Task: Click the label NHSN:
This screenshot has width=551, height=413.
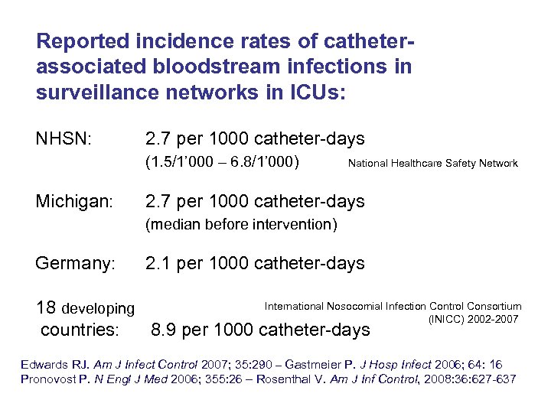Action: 64,139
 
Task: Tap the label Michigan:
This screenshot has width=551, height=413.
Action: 74,202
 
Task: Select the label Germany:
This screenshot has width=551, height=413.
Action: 75,264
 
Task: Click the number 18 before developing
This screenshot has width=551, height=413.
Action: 46,307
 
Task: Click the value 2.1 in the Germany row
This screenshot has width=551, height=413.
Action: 158,264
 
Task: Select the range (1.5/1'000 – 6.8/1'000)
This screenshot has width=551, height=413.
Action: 222,162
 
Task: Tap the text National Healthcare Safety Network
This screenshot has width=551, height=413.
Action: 432,163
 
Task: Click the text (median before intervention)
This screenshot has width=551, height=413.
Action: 241,225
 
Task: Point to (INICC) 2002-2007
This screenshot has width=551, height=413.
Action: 473,318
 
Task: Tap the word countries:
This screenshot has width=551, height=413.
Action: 80,330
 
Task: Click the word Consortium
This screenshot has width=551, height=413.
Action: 493,306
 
